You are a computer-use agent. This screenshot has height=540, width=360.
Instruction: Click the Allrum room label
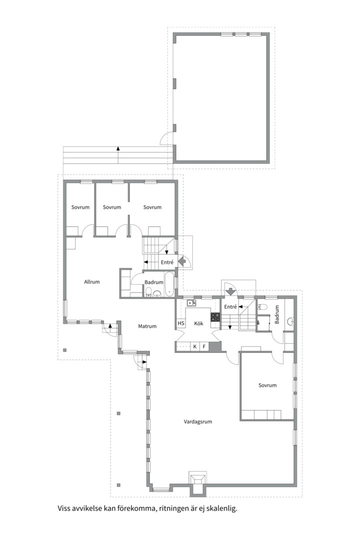92,281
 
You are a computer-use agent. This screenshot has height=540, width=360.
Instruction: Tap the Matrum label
147,326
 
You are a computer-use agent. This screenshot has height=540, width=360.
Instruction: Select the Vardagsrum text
197,421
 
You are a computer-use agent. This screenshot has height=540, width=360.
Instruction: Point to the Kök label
199,323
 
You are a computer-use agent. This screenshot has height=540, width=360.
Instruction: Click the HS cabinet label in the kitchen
181,323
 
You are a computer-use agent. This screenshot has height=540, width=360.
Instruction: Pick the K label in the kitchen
195,346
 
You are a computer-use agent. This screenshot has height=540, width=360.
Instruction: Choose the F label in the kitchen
204,346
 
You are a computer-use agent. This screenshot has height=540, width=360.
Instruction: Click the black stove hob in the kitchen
215,317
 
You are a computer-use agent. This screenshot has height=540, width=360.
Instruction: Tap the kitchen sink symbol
191,303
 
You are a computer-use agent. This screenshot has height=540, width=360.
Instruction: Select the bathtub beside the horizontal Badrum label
169,284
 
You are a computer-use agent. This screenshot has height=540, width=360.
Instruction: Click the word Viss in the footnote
63,508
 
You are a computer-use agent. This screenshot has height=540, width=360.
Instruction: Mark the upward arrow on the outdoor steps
118,154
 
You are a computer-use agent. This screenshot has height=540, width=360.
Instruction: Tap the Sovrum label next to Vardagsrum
267,385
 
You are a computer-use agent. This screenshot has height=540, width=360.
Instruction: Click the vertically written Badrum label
277,314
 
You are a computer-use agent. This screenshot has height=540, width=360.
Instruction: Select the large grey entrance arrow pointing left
182,261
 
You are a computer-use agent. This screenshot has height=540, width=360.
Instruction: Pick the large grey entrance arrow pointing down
230,291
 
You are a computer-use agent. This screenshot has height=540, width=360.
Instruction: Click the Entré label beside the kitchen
230,306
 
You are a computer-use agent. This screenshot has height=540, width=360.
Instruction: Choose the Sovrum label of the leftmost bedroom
80,207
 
